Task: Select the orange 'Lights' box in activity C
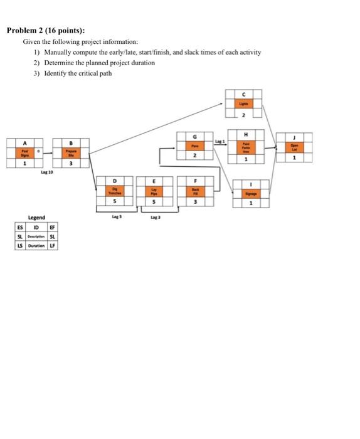(x=244, y=103)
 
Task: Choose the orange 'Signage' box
(x=251, y=194)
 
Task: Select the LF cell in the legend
(x=53, y=245)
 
